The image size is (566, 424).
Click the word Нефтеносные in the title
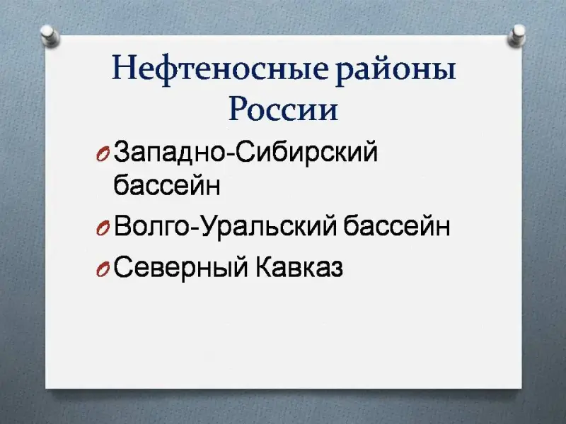click(x=221, y=69)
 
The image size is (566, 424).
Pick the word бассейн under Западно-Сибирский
click(x=167, y=184)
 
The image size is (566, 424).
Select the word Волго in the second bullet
click(x=151, y=226)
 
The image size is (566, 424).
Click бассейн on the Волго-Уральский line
click(x=396, y=225)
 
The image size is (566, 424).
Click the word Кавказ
click(x=299, y=267)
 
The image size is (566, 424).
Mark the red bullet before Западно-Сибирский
click(x=103, y=155)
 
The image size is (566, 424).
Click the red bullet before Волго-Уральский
click(x=103, y=228)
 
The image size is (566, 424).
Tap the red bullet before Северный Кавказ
click(x=103, y=270)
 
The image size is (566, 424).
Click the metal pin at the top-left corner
click(x=50, y=35)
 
